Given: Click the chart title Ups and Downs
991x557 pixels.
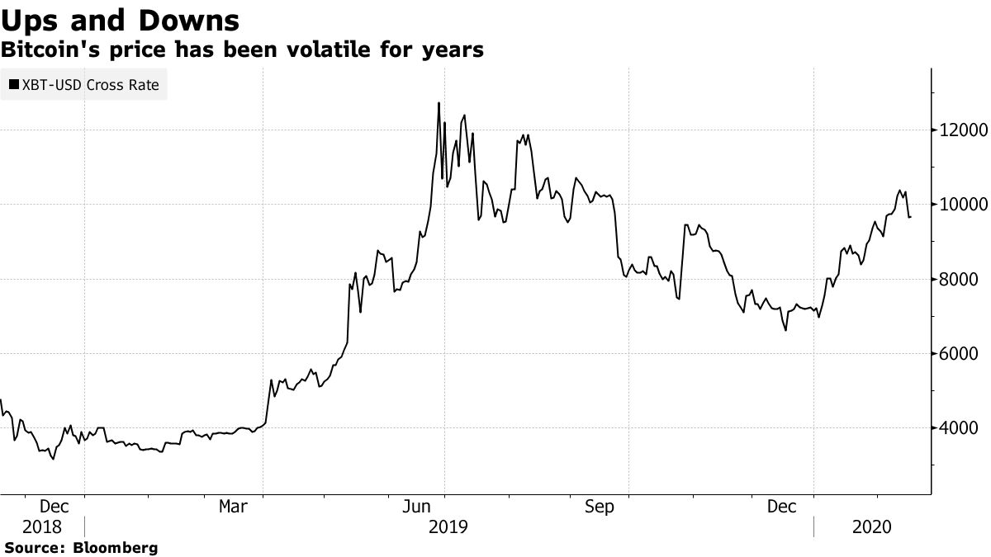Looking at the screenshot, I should click(121, 20).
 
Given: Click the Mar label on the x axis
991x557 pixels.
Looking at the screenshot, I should click(232, 507).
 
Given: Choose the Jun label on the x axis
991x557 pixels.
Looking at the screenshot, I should click(416, 507).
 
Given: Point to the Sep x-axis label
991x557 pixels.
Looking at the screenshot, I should click(600, 507).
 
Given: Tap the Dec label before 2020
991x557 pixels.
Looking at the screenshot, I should click(782, 507).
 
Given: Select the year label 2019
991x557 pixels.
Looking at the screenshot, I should click(448, 526).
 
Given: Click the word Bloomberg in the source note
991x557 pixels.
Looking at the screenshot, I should click(116, 547).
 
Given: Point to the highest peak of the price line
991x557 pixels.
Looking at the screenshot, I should click(439, 103).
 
